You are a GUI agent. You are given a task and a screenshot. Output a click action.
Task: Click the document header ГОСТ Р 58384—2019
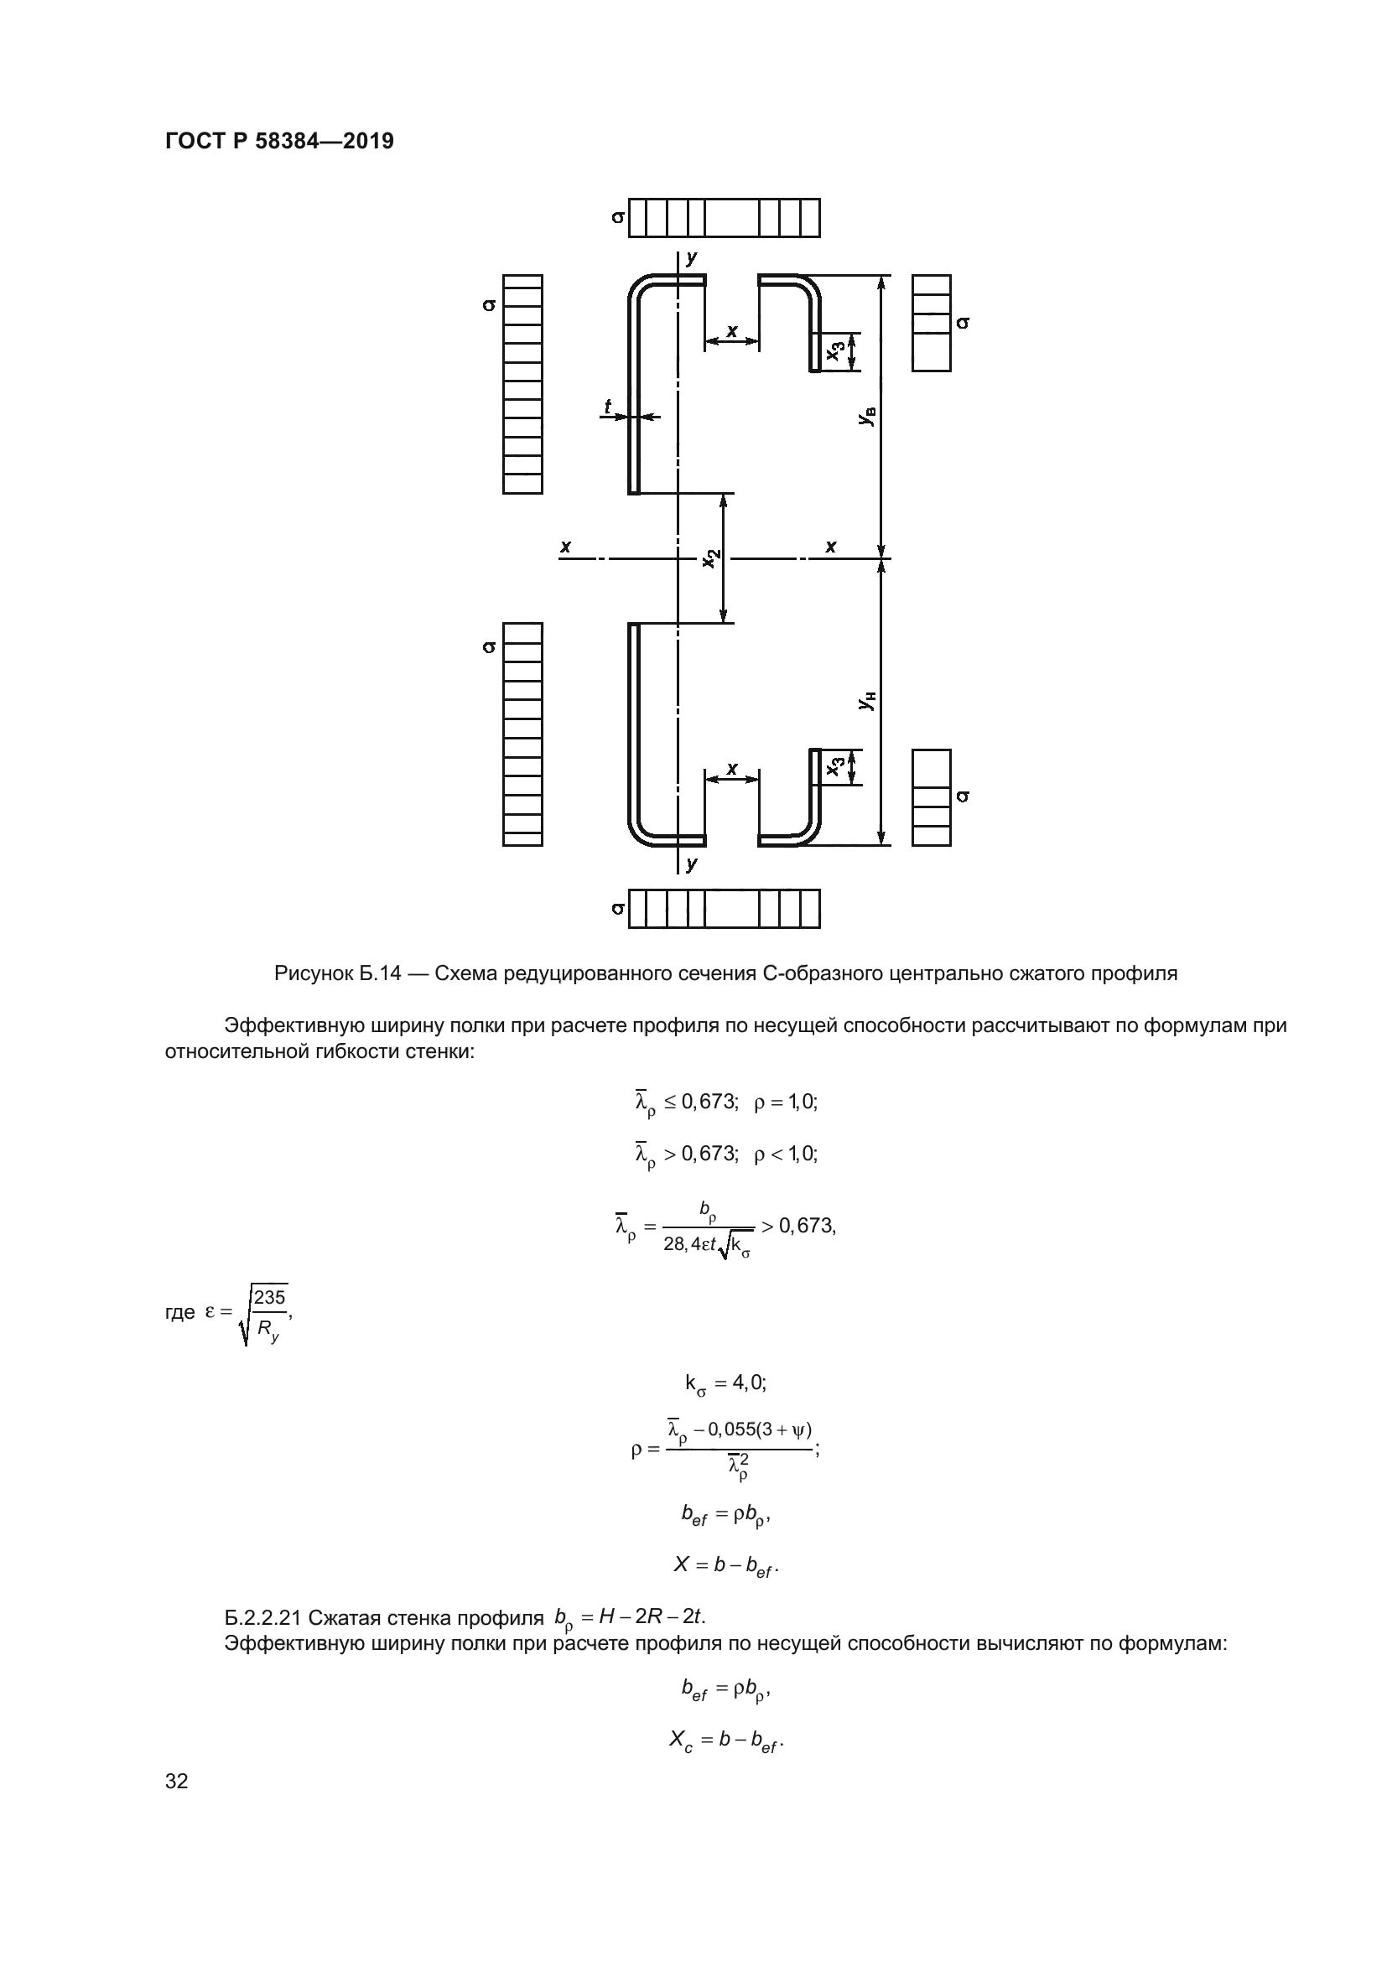click(279, 141)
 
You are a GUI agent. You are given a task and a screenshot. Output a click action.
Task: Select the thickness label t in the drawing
click(608, 407)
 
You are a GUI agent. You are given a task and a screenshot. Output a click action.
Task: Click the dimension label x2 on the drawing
click(710, 558)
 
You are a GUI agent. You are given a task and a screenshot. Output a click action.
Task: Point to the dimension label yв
click(867, 417)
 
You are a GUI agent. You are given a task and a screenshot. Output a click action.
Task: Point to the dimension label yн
click(867, 701)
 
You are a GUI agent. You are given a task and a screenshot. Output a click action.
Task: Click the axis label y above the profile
click(692, 257)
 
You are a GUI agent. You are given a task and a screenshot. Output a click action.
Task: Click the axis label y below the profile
click(692, 864)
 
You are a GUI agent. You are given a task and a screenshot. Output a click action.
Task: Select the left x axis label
click(565, 546)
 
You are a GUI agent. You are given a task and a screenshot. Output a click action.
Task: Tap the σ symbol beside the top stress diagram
click(617, 218)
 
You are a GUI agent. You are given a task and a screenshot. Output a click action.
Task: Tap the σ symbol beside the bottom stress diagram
click(617, 909)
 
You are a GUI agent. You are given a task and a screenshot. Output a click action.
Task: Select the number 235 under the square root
click(269, 1297)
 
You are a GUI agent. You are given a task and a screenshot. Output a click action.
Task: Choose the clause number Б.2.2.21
click(262, 1617)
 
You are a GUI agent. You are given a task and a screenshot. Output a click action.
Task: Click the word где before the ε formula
click(179, 1312)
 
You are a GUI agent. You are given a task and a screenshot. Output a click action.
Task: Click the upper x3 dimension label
click(837, 350)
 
